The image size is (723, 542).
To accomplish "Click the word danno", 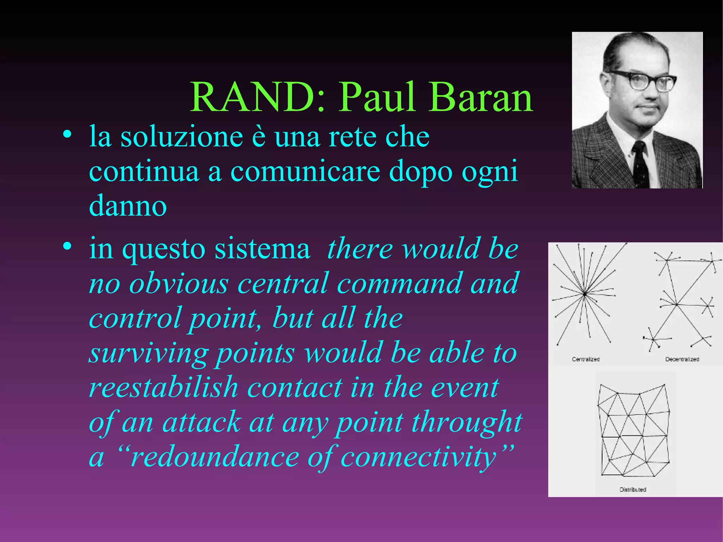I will pos(128,206).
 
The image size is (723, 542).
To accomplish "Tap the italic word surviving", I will pos(148,353).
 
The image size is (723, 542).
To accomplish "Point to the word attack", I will pos(201,422).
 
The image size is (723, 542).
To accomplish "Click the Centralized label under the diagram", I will pos(586,359).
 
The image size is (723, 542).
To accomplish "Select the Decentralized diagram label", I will pos(682,359).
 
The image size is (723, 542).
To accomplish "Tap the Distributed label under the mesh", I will pos(633,489).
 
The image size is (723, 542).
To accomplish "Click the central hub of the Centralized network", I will pos(584,294).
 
